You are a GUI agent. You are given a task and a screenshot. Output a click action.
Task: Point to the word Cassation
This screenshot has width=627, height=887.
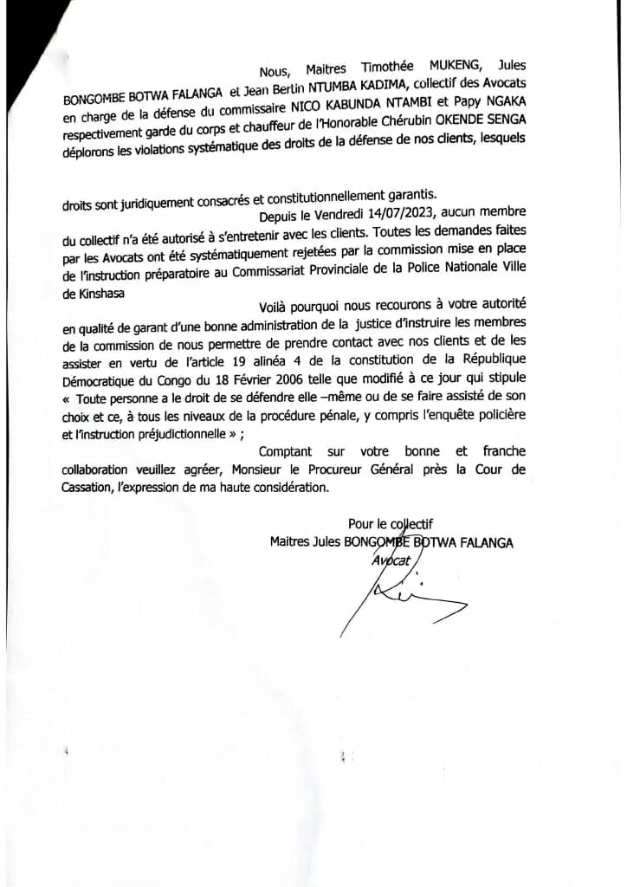tap(94, 489)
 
